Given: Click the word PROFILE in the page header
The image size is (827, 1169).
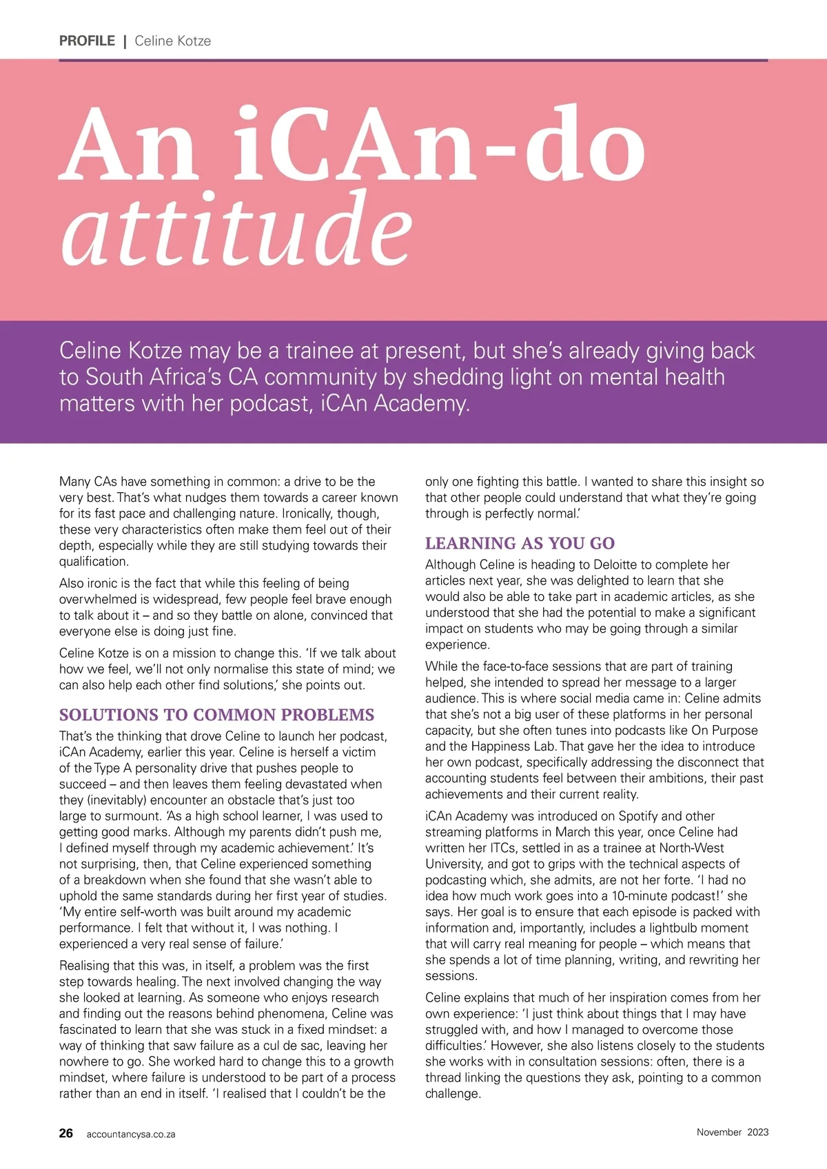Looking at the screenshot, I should tap(87, 41).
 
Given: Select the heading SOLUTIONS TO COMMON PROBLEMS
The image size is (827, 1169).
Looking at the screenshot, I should tap(216, 715).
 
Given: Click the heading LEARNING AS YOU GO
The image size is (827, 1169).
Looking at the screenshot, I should tap(520, 543).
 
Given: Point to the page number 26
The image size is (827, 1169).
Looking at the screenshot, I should tap(66, 1133).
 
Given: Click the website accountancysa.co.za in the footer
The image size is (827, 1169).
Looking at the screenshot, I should tap(131, 1135).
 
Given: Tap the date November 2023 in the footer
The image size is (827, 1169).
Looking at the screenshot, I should tap(732, 1132).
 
